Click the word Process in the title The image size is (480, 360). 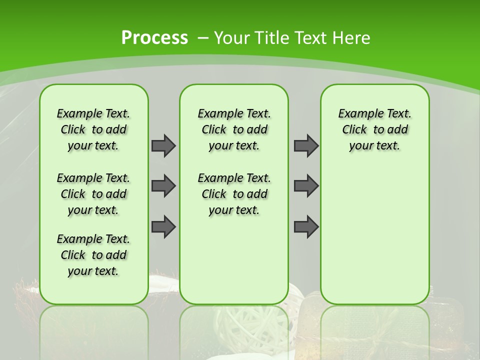(x=154, y=38)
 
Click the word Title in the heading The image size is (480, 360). (x=272, y=38)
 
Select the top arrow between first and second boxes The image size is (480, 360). (x=163, y=145)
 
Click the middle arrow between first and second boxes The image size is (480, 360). (x=163, y=186)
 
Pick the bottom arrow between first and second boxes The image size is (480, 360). (x=163, y=226)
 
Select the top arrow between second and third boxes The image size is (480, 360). (x=306, y=145)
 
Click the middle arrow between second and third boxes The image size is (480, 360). (x=306, y=186)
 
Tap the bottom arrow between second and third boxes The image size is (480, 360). (x=306, y=226)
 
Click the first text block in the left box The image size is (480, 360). (x=93, y=129)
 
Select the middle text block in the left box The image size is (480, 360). (x=93, y=194)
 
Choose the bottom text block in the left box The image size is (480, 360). (x=93, y=255)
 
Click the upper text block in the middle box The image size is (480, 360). (x=234, y=129)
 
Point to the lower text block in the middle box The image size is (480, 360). (x=234, y=194)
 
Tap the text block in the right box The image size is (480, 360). (x=375, y=129)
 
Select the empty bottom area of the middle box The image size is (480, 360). (x=234, y=265)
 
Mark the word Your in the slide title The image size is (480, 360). (x=232, y=38)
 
